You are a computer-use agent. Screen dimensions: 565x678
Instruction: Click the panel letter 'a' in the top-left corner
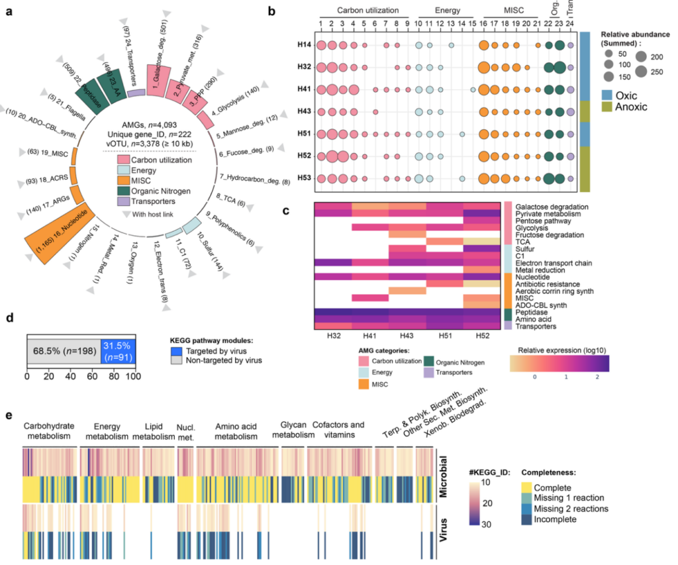(x=9, y=11)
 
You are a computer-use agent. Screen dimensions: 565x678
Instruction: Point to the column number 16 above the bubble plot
(x=484, y=26)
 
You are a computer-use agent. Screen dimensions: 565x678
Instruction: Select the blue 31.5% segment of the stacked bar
(x=117, y=349)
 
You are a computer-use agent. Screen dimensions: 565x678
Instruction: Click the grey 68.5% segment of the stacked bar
(x=63, y=349)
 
